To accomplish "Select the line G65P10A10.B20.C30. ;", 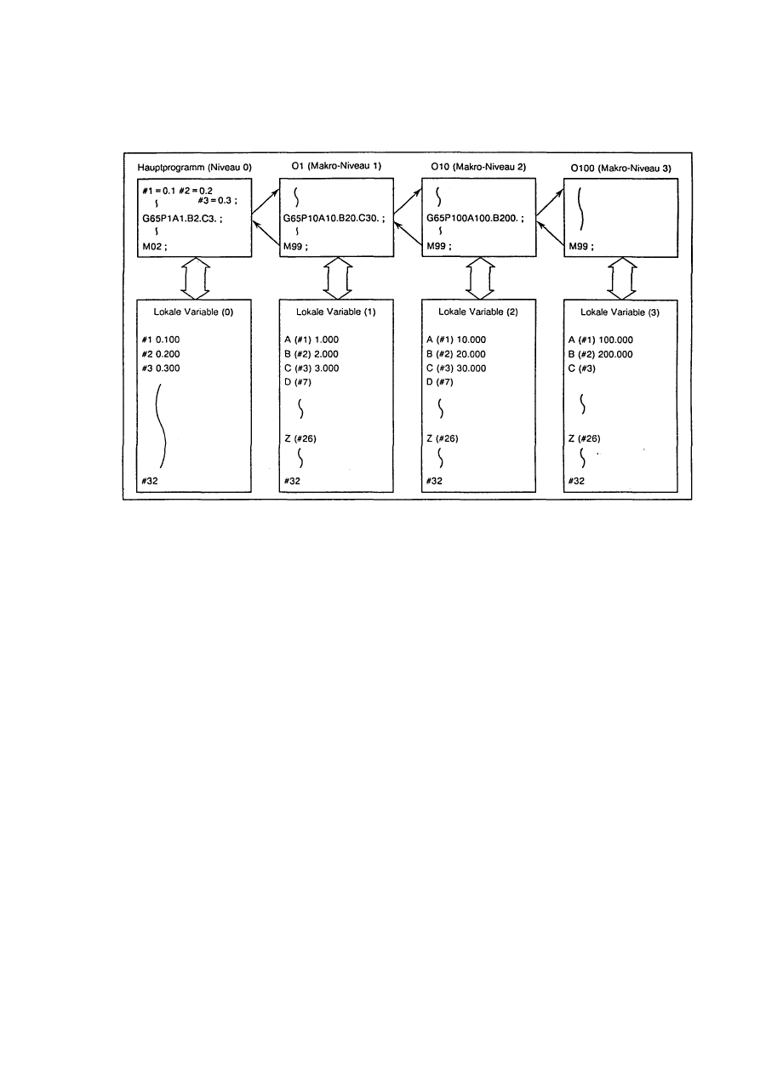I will (x=334, y=218).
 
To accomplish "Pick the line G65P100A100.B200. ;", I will (x=475, y=218).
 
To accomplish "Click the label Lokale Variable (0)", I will (x=192, y=311).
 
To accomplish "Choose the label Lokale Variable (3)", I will (x=619, y=311).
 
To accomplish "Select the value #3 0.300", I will (x=162, y=368).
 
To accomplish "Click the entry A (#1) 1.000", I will (x=311, y=339).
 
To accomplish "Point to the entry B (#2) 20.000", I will (x=456, y=353).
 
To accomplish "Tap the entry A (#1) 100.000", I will (x=603, y=339).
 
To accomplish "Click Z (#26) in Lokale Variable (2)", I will (x=443, y=437).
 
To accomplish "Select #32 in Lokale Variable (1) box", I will (x=292, y=482).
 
